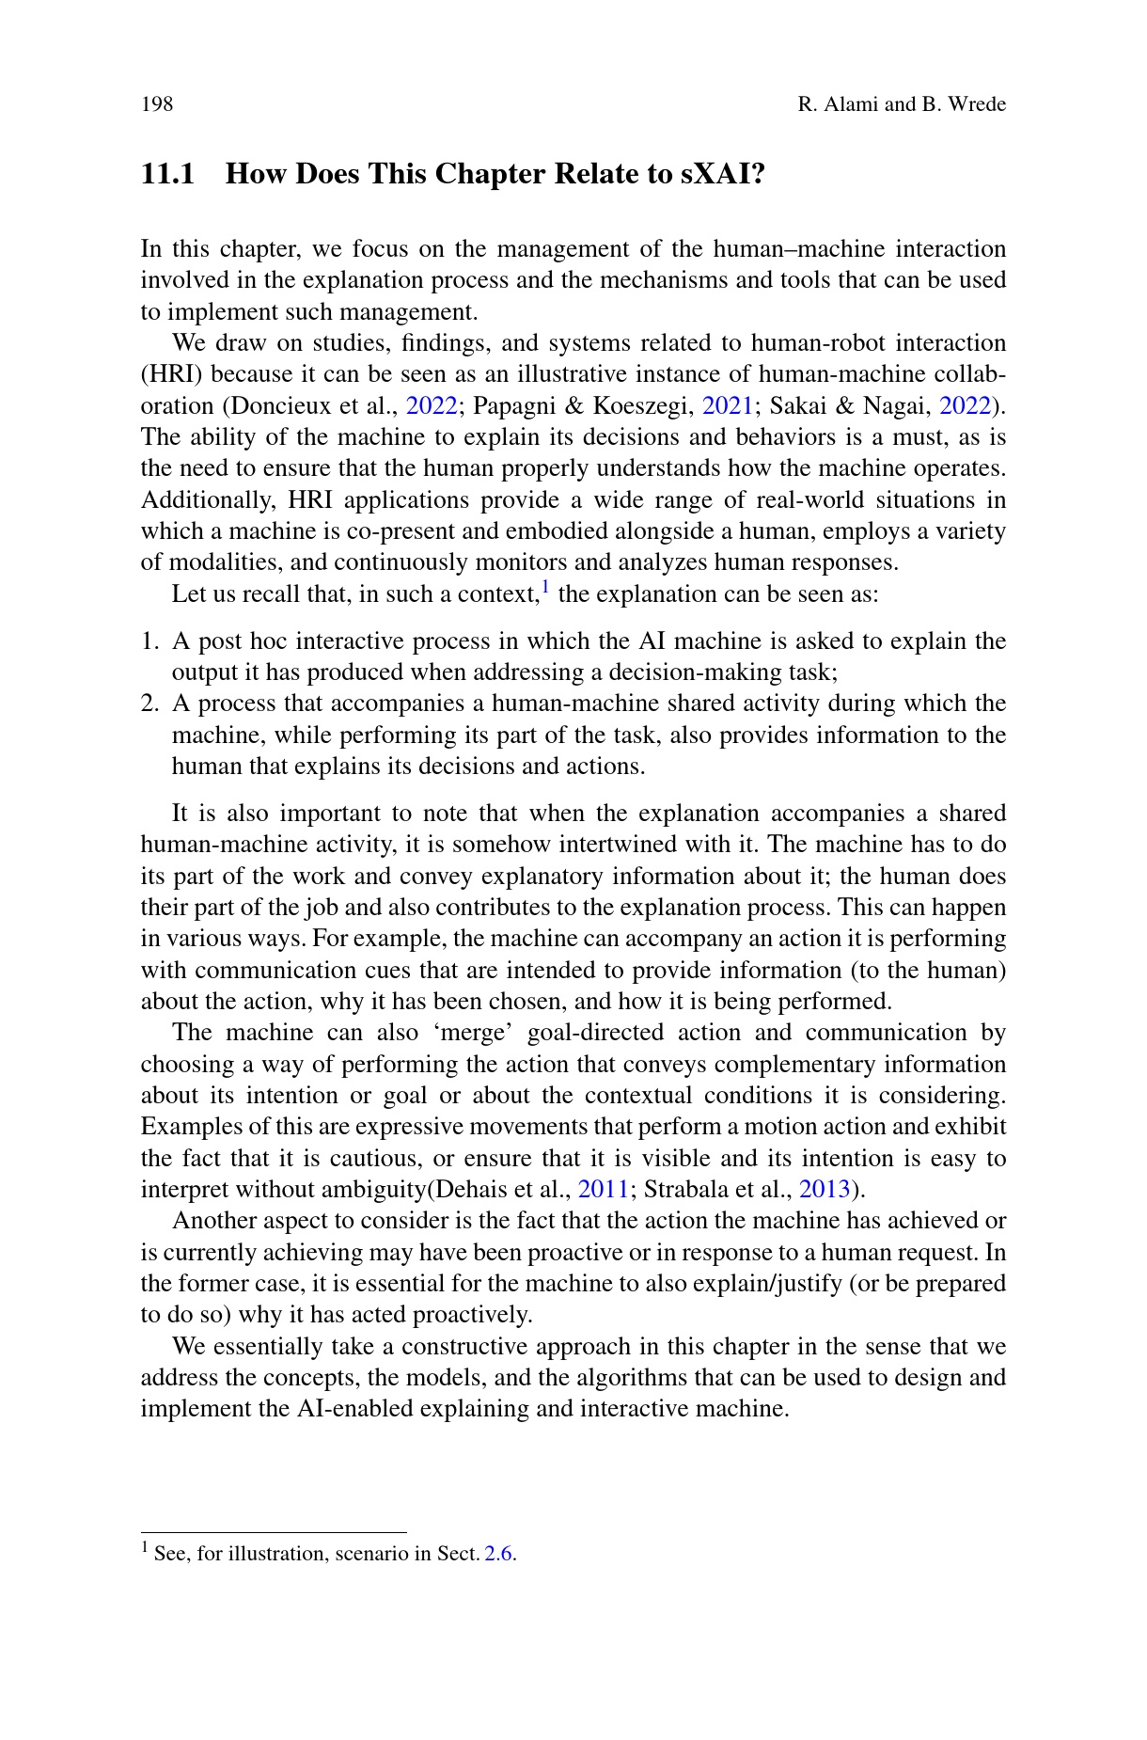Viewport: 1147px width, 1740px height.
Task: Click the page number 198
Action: pyautogui.click(x=157, y=103)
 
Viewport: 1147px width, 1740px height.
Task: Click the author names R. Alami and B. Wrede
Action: pyautogui.click(x=901, y=103)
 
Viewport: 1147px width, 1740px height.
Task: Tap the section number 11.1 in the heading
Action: pyautogui.click(x=167, y=174)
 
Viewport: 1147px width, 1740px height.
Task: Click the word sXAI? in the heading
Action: pyautogui.click(x=723, y=174)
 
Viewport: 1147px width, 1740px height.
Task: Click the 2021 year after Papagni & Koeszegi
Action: pyautogui.click(x=728, y=405)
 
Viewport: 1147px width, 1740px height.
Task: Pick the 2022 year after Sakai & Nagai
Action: pyautogui.click(x=966, y=405)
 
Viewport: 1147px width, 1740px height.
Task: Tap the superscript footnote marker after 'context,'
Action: pyautogui.click(x=546, y=589)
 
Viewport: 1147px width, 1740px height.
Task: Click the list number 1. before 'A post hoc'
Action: pyautogui.click(x=149, y=641)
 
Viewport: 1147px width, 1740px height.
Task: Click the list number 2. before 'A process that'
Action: pyautogui.click(x=149, y=704)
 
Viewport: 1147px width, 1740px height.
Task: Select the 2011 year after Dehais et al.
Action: pyautogui.click(x=604, y=1189)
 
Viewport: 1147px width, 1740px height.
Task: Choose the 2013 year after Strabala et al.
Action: pyautogui.click(x=825, y=1189)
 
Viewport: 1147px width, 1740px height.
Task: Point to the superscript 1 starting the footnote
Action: pyautogui.click(x=146, y=1547)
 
